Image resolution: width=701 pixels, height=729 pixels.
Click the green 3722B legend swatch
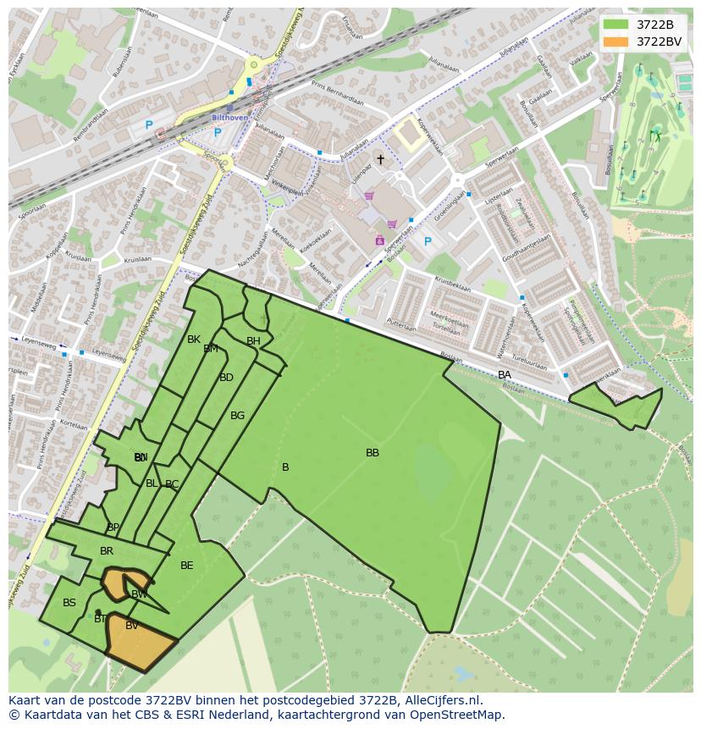click(615, 25)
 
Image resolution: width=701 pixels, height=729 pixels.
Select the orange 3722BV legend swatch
click(615, 41)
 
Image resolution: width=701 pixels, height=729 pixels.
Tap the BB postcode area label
click(373, 453)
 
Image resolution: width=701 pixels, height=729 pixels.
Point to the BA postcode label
click(505, 375)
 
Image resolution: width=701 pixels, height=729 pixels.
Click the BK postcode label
click(194, 340)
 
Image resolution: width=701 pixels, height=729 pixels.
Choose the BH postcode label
click(253, 341)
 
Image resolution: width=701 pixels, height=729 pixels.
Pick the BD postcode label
click(226, 378)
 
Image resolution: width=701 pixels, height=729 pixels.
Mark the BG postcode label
click(237, 416)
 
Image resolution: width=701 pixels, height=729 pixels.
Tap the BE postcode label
click(187, 566)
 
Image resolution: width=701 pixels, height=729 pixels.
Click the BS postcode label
click(69, 603)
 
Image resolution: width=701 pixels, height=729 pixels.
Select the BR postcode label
click(107, 551)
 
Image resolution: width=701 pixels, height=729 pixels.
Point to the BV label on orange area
click(132, 626)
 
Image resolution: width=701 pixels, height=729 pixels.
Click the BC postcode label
click(172, 485)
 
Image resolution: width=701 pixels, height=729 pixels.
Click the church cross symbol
click(380, 159)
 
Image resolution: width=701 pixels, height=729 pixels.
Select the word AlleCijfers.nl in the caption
click(439, 701)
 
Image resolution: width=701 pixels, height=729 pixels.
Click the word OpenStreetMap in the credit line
click(462, 715)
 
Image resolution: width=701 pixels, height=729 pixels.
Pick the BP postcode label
click(113, 527)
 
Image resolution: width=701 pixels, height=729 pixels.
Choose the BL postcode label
click(152, 483)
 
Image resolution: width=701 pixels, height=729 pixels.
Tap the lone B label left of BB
click(285, 467)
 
